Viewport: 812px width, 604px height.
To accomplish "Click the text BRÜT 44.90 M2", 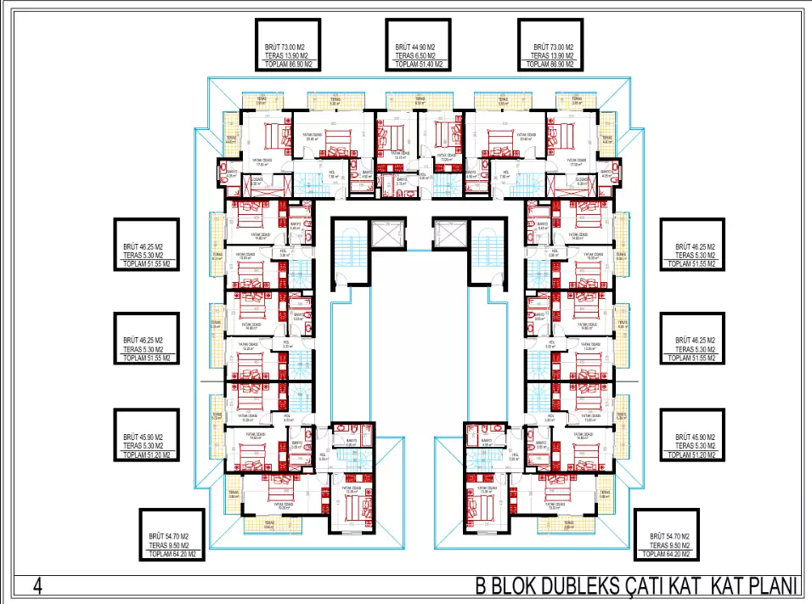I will [x=415, y=48].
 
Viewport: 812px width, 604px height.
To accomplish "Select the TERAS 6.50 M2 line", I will [x=415, y=56].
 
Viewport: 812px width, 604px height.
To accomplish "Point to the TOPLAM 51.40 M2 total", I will [x=415, y=65].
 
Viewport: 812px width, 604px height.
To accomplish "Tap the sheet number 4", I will [x=37, y=586].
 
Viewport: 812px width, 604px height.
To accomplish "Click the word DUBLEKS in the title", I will [x=573, y=587].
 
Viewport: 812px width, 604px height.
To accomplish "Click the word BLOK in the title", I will [x=510, y=587].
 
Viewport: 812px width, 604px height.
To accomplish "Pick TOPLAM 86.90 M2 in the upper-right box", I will [x=548, y=65].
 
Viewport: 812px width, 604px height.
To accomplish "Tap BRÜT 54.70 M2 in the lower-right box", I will [x=668, y=537].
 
